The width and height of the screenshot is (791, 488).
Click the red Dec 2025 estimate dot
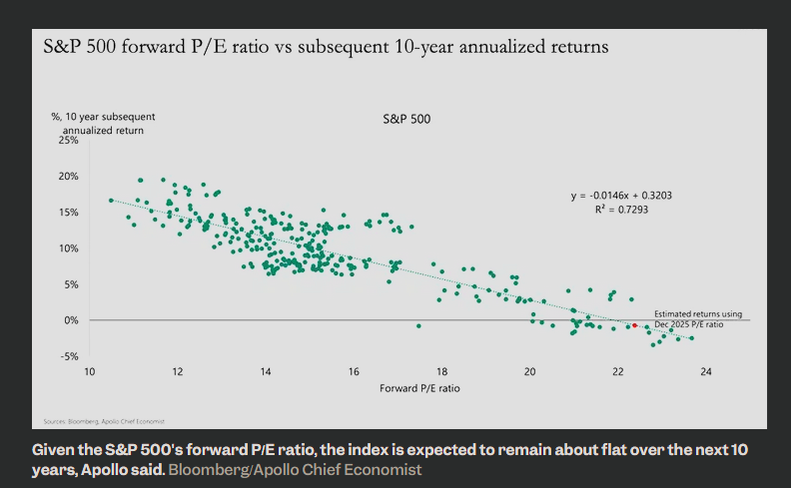tap(635, 325)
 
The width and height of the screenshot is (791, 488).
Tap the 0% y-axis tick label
tap(70, 320)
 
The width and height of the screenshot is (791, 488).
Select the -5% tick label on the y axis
tap(68, 356)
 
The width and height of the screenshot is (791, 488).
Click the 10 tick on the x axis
tap(90, 371)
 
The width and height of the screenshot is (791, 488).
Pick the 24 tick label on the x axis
tap(706, 371)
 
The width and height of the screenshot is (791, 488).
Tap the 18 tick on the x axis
tap(441, 371)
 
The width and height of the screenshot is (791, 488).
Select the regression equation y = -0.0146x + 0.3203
tap(621, 196)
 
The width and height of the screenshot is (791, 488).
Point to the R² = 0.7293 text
tap(621, 210)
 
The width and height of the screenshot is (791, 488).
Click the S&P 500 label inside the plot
tap(407, 119)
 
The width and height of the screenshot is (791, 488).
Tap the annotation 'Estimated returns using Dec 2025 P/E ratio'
tap(698, 319)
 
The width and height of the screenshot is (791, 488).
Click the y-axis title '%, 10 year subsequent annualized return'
tap(103, 124)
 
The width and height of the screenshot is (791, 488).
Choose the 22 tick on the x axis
tap(618, 371)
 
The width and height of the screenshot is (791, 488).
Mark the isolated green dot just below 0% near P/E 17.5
tap(418, 326)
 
